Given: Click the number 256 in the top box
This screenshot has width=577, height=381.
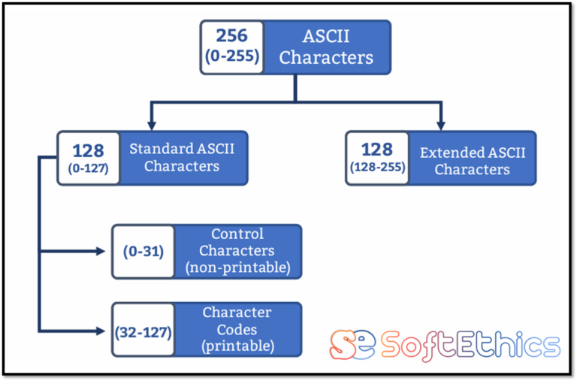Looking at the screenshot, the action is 232,36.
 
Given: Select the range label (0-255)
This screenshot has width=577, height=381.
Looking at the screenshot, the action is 232,56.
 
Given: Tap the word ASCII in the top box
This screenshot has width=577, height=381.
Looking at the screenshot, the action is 326,36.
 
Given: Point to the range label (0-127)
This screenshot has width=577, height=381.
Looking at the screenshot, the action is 89,168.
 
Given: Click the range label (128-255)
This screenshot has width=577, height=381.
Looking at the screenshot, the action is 378,167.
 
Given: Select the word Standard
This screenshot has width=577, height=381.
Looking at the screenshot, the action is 162,149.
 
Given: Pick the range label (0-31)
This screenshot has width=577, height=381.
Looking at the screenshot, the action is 143,252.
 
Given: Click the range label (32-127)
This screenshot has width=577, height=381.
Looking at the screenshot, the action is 143,332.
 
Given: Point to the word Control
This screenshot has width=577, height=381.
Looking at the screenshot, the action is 237,234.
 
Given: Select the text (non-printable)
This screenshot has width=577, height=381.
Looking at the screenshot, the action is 238,268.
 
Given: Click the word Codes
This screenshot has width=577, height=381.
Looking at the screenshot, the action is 237,329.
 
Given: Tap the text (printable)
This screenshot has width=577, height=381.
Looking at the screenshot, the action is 237,346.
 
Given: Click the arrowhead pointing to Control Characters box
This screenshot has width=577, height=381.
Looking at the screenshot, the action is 101,252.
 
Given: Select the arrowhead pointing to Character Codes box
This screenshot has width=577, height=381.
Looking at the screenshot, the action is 101,331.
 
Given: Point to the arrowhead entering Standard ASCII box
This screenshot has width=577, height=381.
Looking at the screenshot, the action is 151,125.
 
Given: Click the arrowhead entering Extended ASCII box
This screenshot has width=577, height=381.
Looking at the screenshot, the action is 441,125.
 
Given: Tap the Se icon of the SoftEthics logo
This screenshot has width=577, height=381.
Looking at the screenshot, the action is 352,345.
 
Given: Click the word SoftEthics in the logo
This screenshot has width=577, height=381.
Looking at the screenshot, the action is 470,346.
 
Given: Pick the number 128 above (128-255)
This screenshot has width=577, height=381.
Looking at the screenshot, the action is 377,149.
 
